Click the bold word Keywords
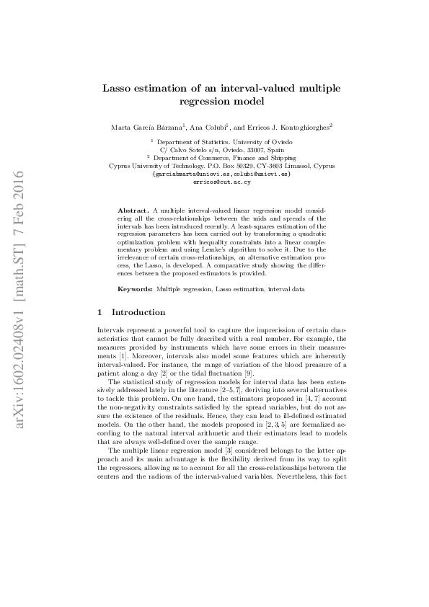[136, 288]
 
